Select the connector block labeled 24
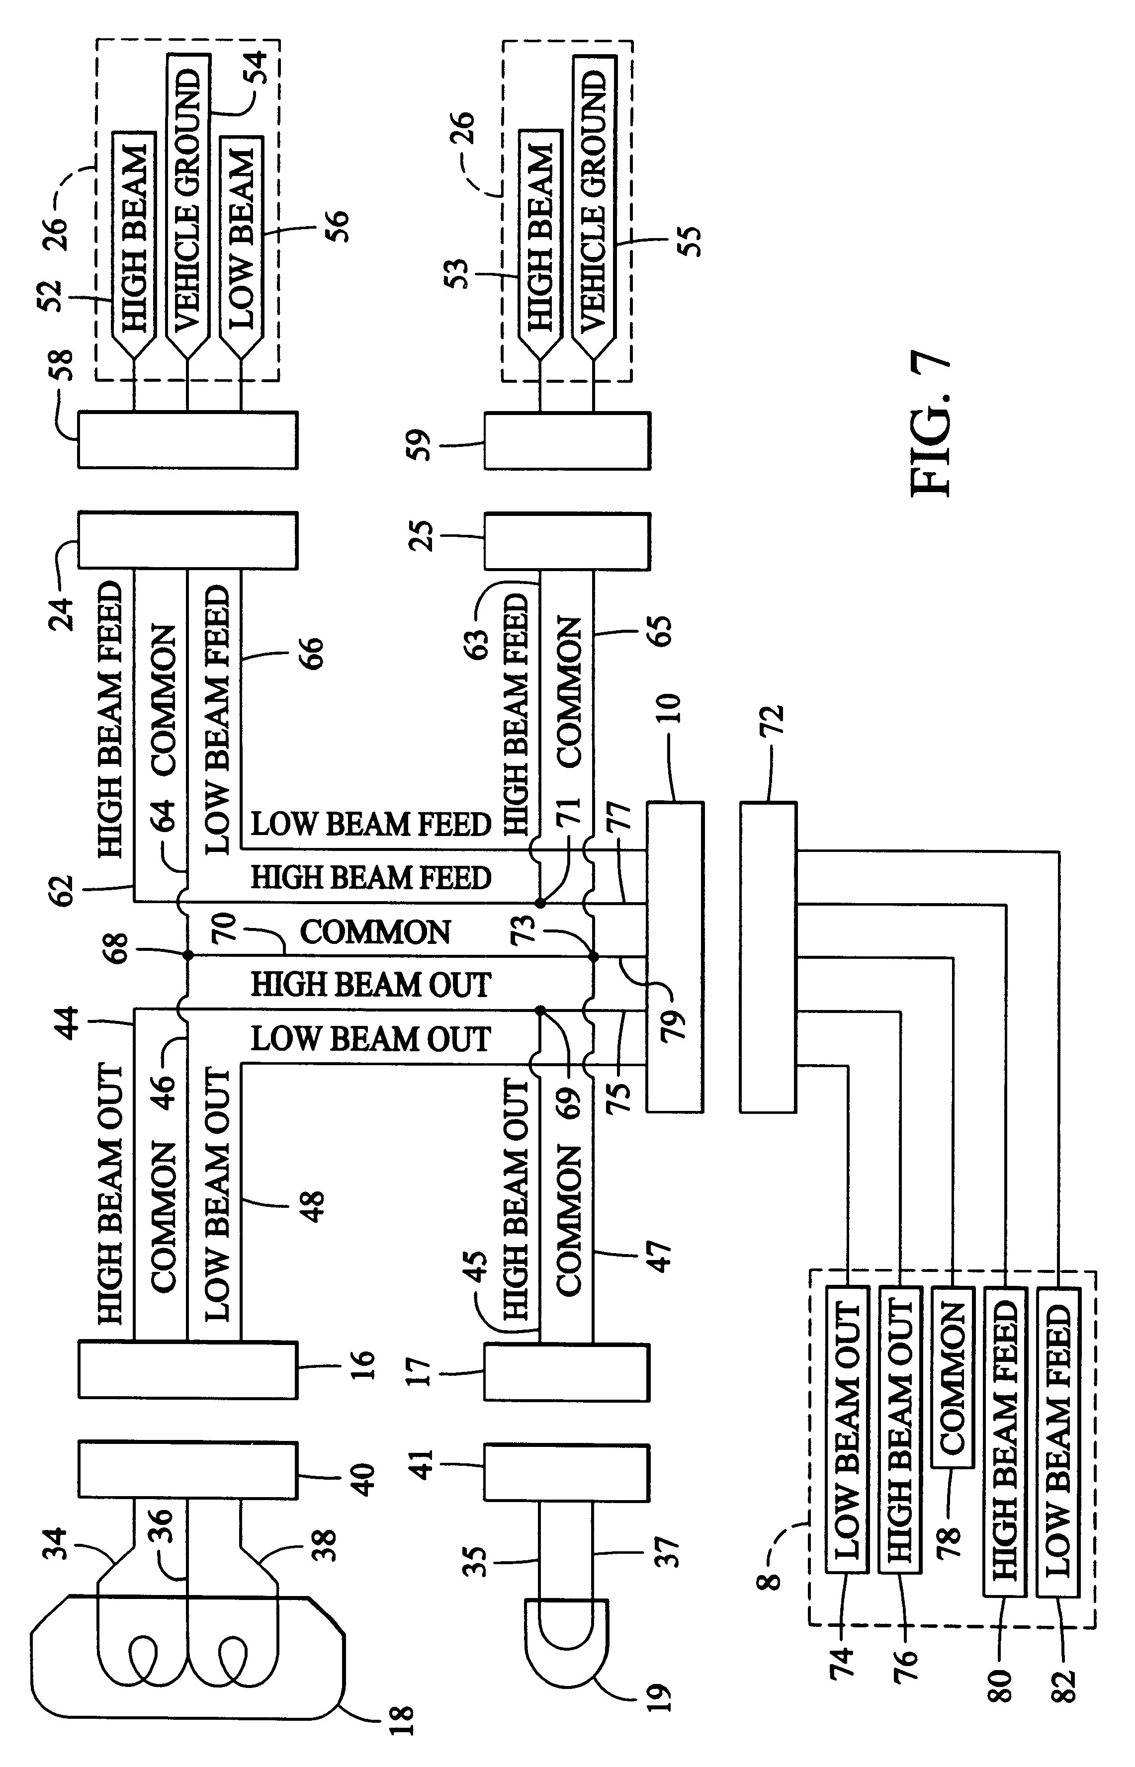coord(188,540)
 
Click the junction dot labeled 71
coord(540,903)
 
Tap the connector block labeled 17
coord(567,1372)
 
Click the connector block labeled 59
coord(567,441)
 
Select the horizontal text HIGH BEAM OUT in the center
coord(371,985)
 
